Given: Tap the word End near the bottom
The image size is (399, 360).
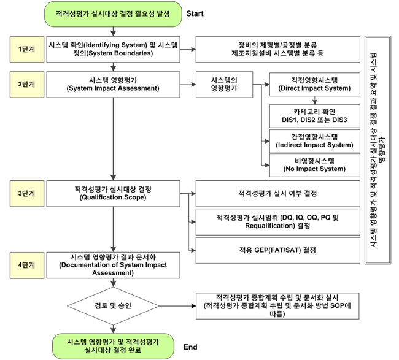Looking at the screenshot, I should tap(190, 347).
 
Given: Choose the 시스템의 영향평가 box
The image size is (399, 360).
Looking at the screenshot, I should tap(224, 84).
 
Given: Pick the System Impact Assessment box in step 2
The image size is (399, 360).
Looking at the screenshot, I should tap(114, 84).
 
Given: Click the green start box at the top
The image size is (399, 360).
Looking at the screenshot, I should tap(113, 14).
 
